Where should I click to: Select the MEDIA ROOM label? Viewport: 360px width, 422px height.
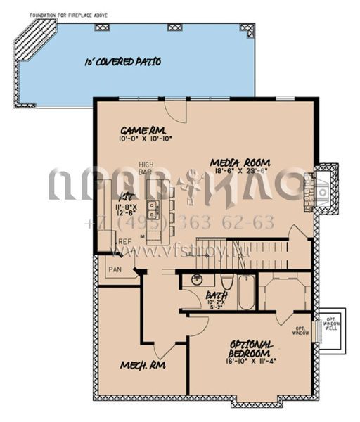(x=240, y=163)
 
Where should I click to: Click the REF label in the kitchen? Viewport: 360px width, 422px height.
(x=124, y=242)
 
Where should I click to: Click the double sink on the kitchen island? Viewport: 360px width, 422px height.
(x=153, y=207)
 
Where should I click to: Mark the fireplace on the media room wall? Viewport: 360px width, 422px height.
(x=324, y=188)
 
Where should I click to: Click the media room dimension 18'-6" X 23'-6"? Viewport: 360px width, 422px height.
(x=240, y=170)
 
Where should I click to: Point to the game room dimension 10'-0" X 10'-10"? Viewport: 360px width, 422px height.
(x=146, y=139)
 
